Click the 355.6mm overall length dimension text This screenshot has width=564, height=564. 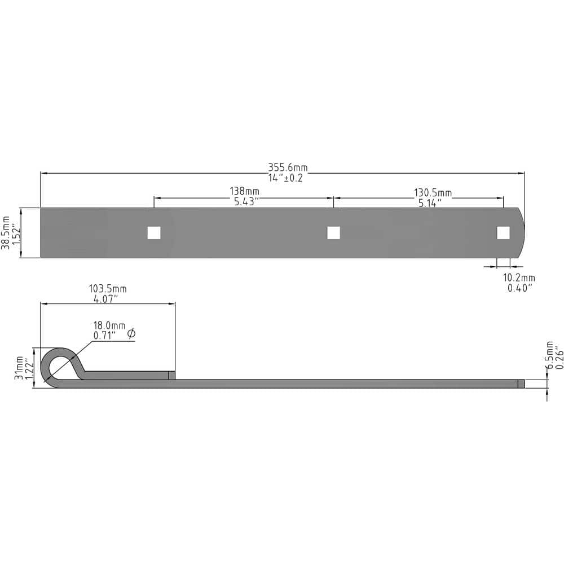click(288, 168)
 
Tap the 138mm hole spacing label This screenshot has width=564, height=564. click(244, 192)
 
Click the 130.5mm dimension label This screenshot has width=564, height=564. click(433, 193)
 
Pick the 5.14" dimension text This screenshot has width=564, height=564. click(429, 203)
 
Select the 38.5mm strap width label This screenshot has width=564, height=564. click(6, 232)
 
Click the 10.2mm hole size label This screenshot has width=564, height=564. click(519, 277)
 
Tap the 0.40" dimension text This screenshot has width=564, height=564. click(519, 288)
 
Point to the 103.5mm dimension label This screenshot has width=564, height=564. click(108, 289)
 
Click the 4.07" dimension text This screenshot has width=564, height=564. click(105, 299)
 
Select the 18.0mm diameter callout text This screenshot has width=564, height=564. click(109, 325)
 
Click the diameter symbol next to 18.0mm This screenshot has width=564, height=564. click(131, 334)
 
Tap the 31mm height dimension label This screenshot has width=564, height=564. click(19, 368)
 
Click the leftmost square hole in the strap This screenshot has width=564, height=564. click(154, 233)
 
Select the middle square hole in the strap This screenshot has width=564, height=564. click(333, 233)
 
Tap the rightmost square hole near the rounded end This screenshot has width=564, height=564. click(503, 233)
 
